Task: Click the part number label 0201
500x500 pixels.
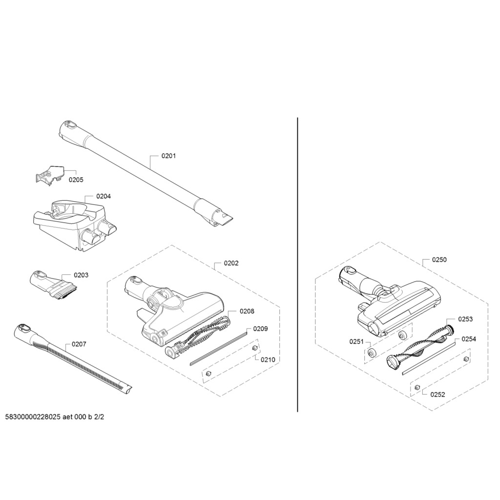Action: click(168, 156)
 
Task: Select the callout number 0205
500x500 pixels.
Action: click(76, 180)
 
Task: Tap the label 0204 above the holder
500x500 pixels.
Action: click(104, 196)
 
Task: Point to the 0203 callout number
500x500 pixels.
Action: click(81, 275)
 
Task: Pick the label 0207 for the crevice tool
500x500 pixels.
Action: click(79, 344)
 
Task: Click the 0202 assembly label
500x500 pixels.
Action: click(231, 263)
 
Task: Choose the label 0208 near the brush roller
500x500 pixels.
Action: click(247, 311)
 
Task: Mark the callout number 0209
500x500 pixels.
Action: click(261, 329)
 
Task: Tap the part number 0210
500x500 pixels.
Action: click(268, 360)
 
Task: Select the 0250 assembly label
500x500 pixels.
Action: click(439, 260)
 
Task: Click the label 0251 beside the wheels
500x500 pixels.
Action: click(356, 341)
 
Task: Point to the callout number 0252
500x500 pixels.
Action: click(437, 395)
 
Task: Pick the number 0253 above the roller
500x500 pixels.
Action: click(465, 319)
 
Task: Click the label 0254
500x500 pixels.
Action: click(469, 339)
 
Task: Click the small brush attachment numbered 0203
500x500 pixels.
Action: click(54, 285)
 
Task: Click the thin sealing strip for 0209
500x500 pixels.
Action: click(218, 348)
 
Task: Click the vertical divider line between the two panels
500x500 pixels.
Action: click(297, 265)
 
